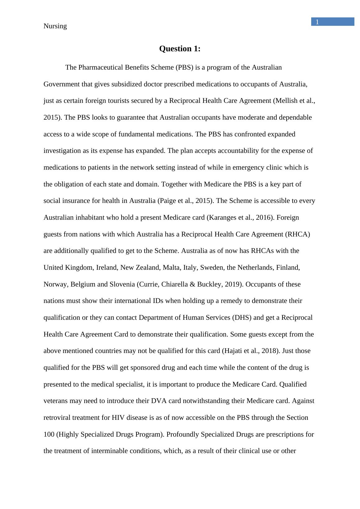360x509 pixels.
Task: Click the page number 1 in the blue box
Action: click(x=317, y=22)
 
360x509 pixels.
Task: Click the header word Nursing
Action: click(x=55, y=26)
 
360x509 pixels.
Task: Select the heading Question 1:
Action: click(x=180, y=49)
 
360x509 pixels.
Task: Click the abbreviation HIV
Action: click(x=118, y=418)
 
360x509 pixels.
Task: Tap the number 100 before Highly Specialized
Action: click(x=49, y=434)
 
